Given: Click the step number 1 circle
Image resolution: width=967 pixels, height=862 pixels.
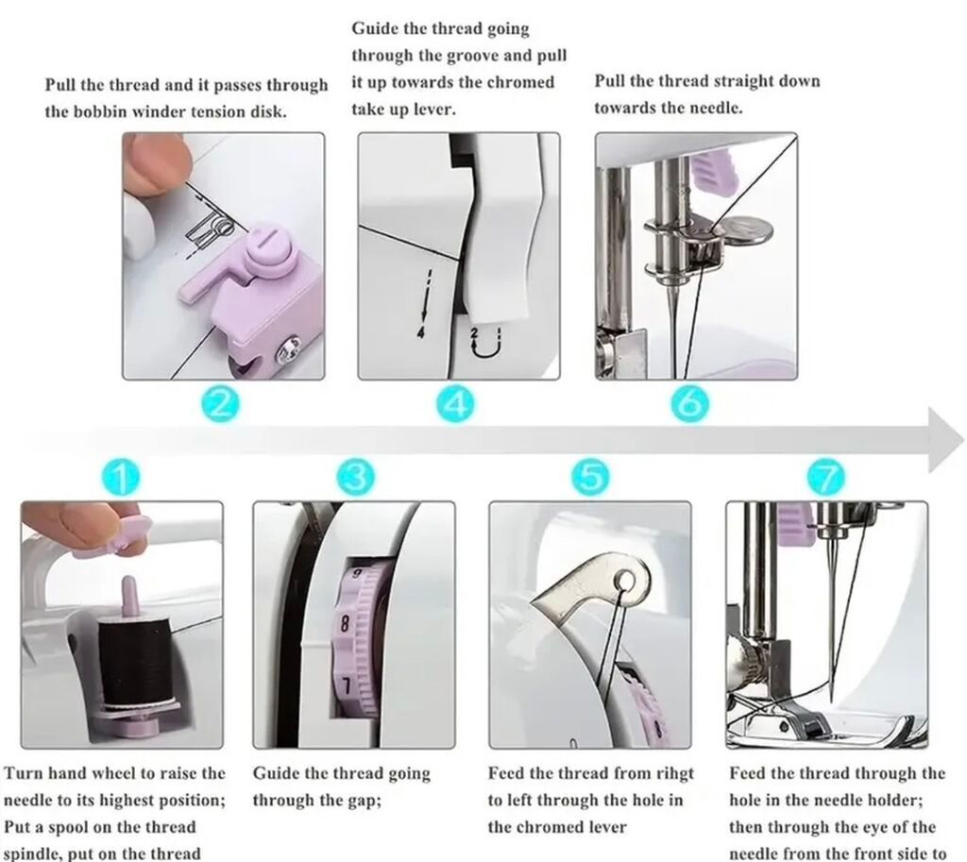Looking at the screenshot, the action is tap(122, 478).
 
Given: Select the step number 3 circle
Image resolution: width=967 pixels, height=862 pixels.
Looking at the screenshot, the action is tap(356, 478).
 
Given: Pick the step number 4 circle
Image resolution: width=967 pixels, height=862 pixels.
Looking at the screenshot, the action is tap(456, 404).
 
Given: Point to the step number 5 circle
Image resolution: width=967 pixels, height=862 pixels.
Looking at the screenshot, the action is tap(590, 478).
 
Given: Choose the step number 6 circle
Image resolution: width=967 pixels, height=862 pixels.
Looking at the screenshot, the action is tap(690, 404).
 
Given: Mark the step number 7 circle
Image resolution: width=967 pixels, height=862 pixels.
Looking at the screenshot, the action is tap(827, 478).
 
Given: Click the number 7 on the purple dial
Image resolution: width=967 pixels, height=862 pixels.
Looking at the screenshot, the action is tap(347, 686).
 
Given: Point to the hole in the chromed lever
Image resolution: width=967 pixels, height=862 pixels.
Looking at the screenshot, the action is tap(626, 581).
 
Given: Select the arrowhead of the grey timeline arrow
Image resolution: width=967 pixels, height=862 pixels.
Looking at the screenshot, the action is tap(945, 440).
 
